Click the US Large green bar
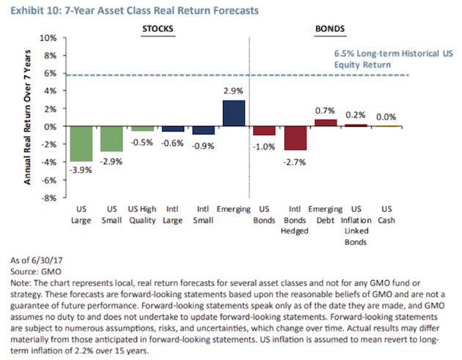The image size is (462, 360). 81,144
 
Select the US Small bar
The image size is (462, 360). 111,139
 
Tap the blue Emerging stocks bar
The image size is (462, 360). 233,113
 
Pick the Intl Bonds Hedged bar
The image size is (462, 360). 295,138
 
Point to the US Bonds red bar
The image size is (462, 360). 264,131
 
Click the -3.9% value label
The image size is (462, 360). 81,169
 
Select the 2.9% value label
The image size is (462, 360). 233,91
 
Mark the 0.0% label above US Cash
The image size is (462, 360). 386,117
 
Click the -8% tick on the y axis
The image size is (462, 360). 48,197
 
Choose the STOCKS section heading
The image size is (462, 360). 156,30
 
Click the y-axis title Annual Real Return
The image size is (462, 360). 27,118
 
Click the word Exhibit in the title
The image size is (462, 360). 25,9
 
